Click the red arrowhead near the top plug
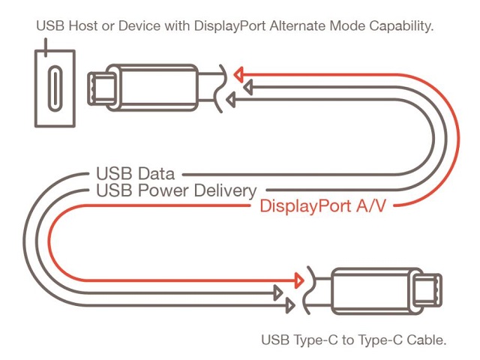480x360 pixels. pos(238,74)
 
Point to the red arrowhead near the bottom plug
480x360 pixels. pos(298,282)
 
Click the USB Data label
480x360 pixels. pos(135,175)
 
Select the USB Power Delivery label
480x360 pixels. pos(176,190)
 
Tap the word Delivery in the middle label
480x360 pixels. pos(228,190)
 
